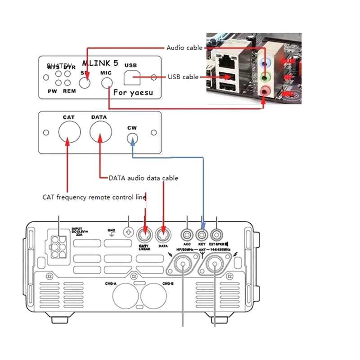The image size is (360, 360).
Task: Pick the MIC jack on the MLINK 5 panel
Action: (107, 83)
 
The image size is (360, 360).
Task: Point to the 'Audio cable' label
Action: (184, 48)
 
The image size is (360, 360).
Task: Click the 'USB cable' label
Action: (183, 77)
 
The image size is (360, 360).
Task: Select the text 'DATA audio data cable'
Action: (143, 178)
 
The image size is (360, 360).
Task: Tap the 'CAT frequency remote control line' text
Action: (94, 197)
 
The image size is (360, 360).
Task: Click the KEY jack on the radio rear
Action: (202, 234)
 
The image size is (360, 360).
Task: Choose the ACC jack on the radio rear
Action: (187, 234)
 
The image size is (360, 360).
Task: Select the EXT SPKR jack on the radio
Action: (217, 234)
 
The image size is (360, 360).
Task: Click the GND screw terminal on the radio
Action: (129, 234)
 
